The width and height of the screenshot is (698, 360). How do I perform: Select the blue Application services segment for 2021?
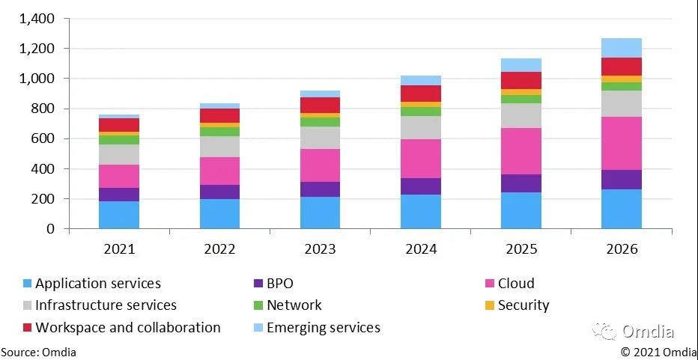[x=120, y=215]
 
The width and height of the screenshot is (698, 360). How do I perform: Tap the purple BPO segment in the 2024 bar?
[x=421, y=186]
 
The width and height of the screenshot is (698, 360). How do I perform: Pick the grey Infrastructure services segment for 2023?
[x=321, y=138]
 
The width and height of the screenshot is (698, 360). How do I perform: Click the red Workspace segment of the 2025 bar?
[x=521, y=80]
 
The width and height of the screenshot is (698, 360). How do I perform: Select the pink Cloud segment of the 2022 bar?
[x=219, y=171]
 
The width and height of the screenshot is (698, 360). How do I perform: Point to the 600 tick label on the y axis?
[x=41, y=138]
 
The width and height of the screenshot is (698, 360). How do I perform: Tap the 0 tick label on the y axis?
[x=51, y=229]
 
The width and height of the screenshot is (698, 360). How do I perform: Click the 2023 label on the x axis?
[x=321, y=248]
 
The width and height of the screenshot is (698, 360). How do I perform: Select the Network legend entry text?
[x=294, y=305]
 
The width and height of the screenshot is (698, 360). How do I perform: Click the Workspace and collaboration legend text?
[x=128, y=328]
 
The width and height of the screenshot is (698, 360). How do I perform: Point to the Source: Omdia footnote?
[x=38, y=352]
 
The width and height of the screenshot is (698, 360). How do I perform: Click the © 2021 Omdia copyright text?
[x=658, y=352]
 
